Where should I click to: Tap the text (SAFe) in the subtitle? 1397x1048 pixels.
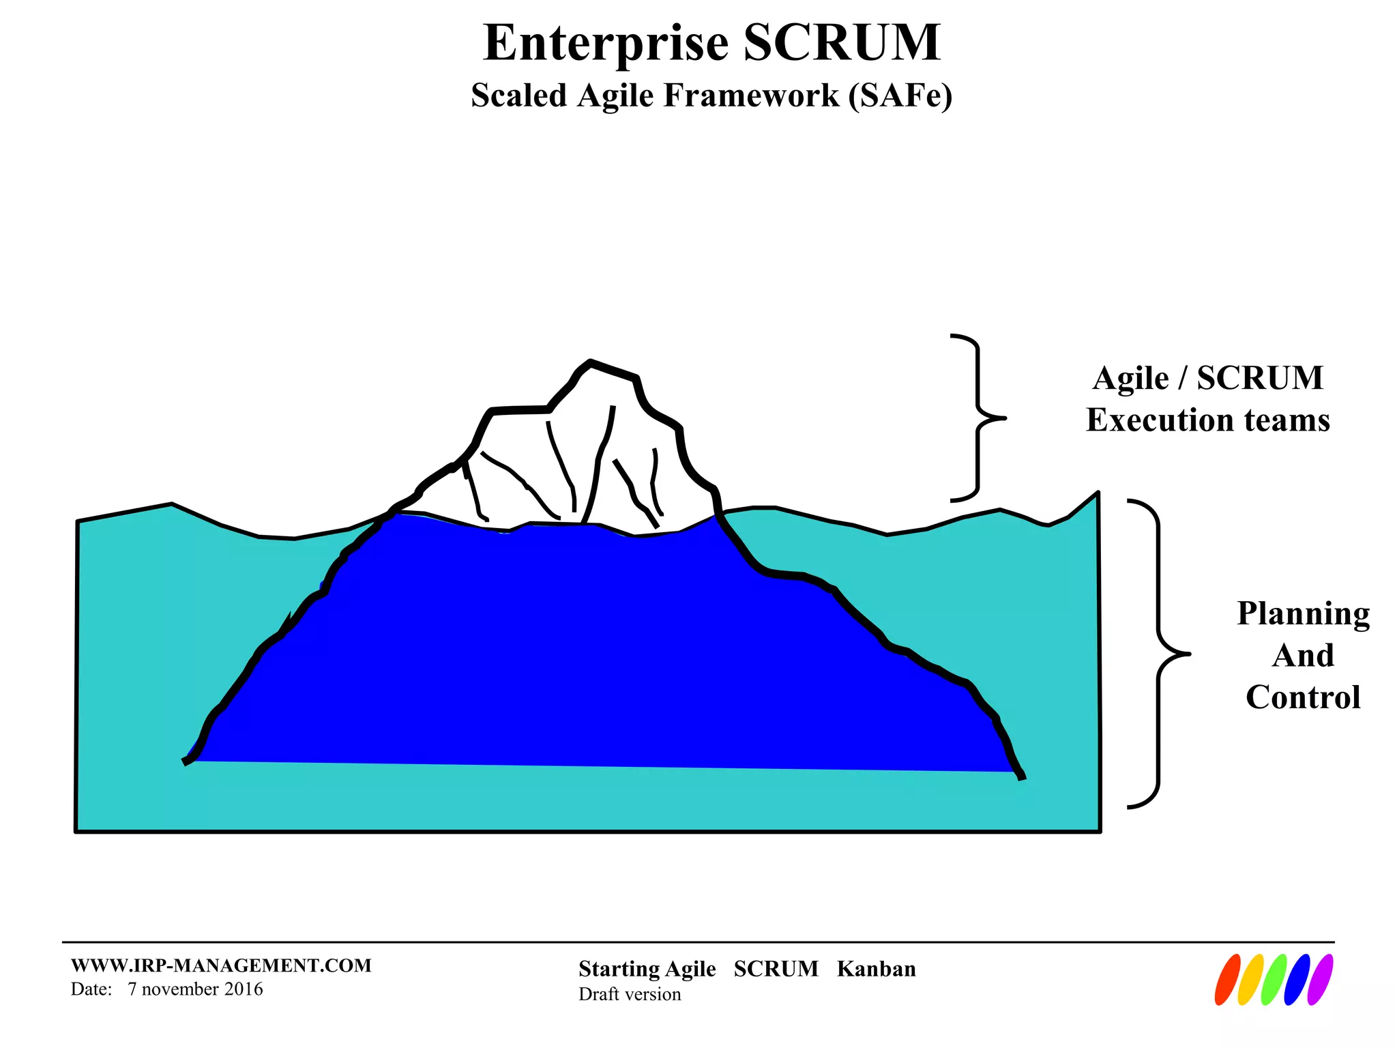coord(900,96)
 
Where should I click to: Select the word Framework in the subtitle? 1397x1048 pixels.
coord(751,96)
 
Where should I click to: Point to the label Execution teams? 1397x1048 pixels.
coord(1207,420)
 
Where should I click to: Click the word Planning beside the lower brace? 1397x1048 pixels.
coord(1303,614)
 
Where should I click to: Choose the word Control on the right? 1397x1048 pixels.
coord(1303,697)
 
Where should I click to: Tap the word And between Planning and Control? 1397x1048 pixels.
coord(1303,656)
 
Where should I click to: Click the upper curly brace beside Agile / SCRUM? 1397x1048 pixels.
coord(977,418)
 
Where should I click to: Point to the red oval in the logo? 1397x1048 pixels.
coord(1227,980)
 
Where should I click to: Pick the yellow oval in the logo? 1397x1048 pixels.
coord(1250,980)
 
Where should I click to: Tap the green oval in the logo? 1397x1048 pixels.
coord(1274,980)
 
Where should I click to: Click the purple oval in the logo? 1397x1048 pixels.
coord(1320,980)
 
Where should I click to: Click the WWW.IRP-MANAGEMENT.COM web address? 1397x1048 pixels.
coord(221,965)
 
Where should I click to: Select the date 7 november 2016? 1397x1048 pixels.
coord(195,989)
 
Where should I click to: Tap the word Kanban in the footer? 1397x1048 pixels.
coord(876,969)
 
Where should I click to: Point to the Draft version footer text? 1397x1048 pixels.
coord(630,994)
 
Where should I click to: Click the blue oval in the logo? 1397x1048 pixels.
coord(1297,980)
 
